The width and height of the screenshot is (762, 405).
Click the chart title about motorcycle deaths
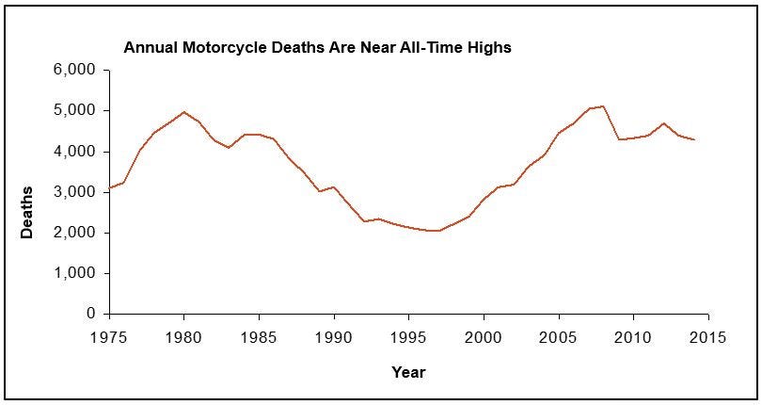[318, 47]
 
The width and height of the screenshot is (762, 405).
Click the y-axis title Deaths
[27, 211]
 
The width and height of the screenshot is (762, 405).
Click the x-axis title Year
[408, 372]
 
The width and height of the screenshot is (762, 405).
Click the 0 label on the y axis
[92, 314]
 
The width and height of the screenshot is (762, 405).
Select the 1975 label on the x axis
[110, 335]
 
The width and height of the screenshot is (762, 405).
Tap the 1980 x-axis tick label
[184, 335]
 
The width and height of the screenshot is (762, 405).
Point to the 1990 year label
[334, 335]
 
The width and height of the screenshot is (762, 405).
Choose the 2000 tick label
[484, 335]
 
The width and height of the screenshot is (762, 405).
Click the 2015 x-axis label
[707, 335]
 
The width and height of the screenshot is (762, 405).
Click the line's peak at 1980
[184, 112]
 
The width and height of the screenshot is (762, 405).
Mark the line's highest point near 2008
[603, 106]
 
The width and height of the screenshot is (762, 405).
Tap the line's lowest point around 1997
[438, 231]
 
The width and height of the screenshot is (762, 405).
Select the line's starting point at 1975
[110, 188]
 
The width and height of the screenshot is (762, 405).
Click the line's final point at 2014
[693, 140]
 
